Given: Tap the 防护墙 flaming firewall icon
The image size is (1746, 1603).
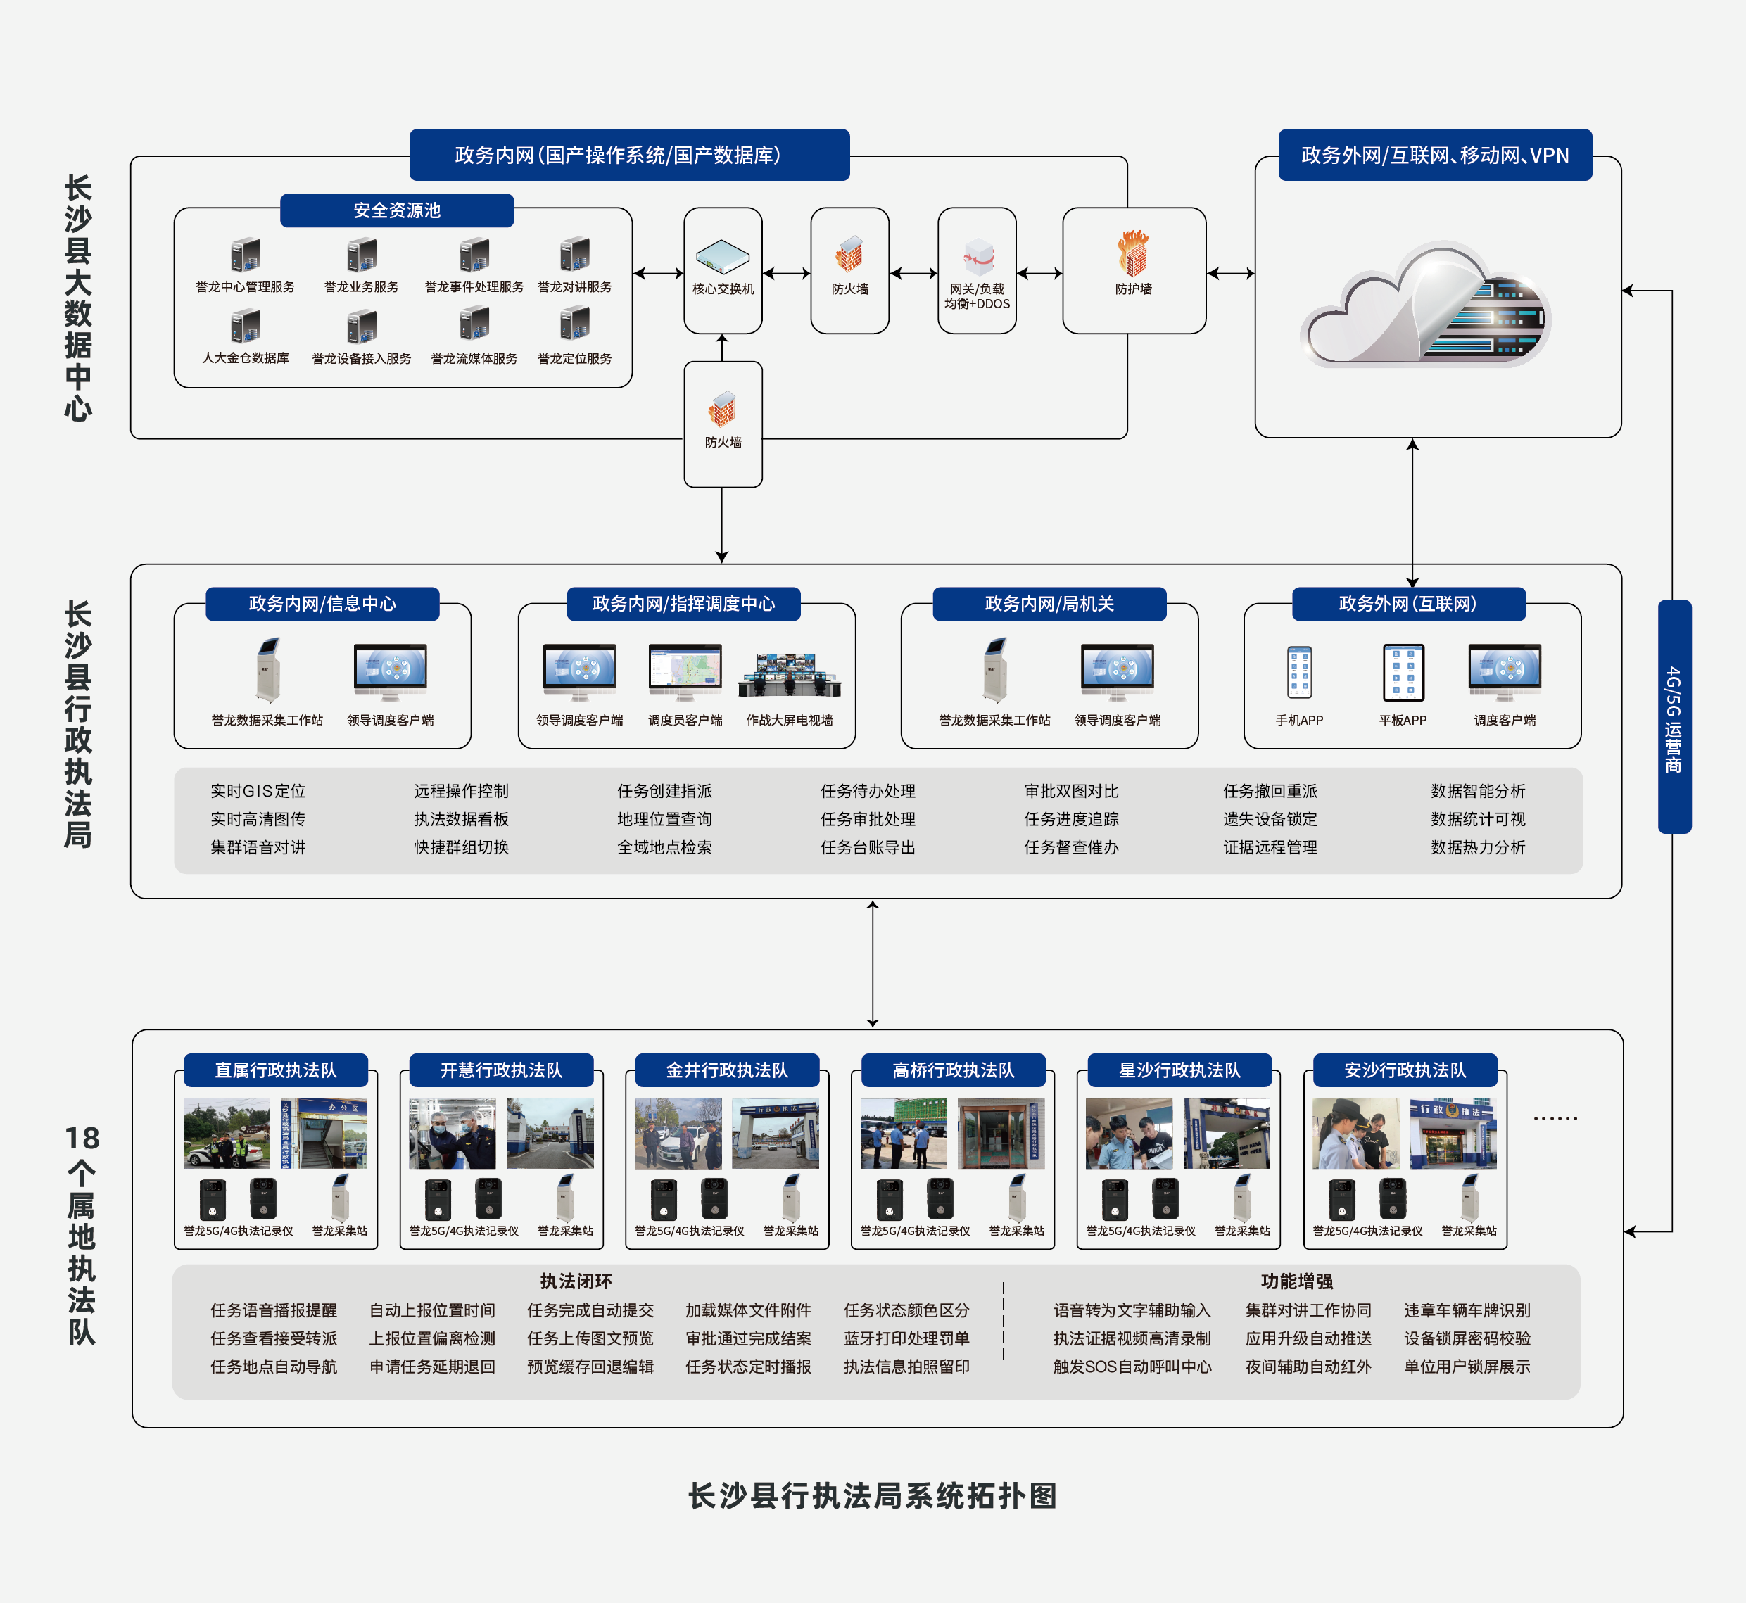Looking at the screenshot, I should [x=1133, y=253].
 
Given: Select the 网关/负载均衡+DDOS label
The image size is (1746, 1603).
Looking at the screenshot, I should [x=977, y=296].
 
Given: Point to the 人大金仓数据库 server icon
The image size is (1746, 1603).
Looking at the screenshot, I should [x=246, y=327].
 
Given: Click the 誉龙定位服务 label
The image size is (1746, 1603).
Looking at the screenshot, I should [x=574, y=358].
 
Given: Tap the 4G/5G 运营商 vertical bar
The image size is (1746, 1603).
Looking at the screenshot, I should [x=1673, y=716].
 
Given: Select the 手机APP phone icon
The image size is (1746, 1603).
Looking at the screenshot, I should [x=1298, y=672].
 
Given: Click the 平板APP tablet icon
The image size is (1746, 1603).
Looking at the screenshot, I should [x=1403, y=672].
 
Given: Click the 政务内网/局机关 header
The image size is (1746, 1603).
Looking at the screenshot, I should [x=1049, y=604].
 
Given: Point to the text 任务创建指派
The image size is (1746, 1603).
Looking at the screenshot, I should [x=664, y=791].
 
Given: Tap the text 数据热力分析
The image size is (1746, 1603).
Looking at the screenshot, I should [x=1477, y=847].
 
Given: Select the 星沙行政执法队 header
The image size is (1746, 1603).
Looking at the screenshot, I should [x=1179, y=1070].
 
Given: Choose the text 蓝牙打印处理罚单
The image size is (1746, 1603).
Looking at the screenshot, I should [x=906, y=1338].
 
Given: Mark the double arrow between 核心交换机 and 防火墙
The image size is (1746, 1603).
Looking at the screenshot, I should [x=786, y=273].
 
